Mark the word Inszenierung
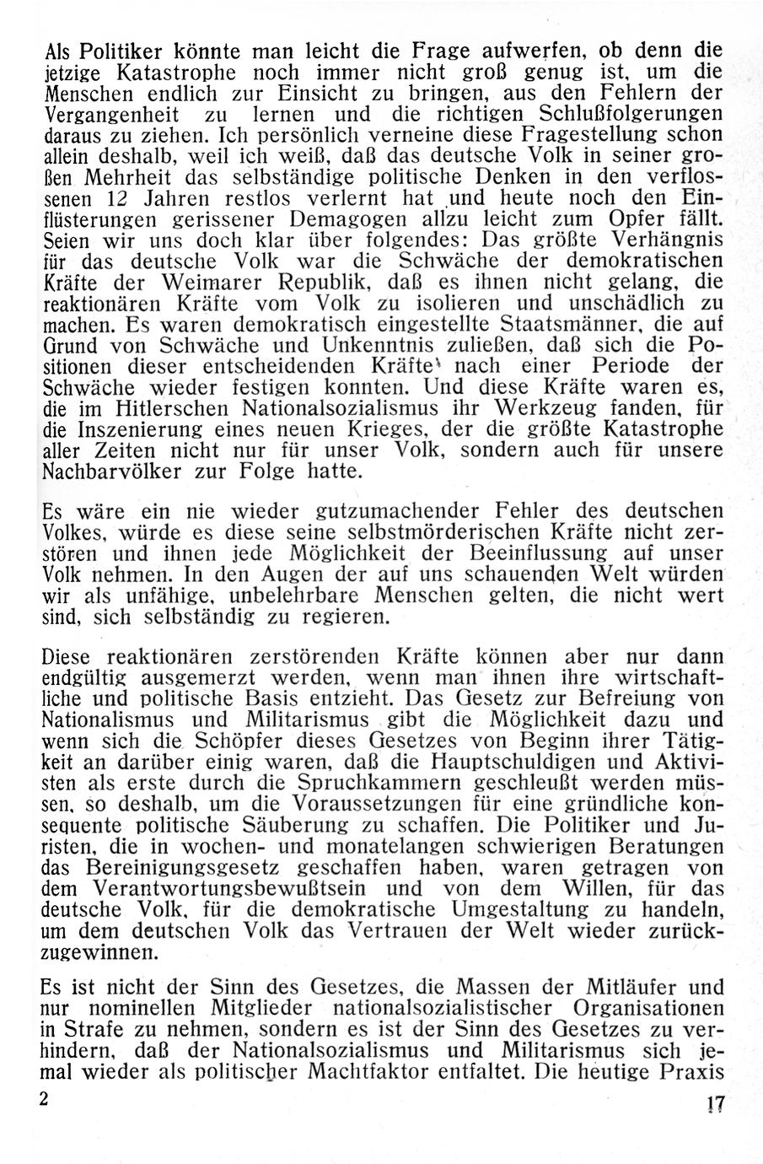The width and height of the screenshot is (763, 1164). (x=148, y=430)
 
